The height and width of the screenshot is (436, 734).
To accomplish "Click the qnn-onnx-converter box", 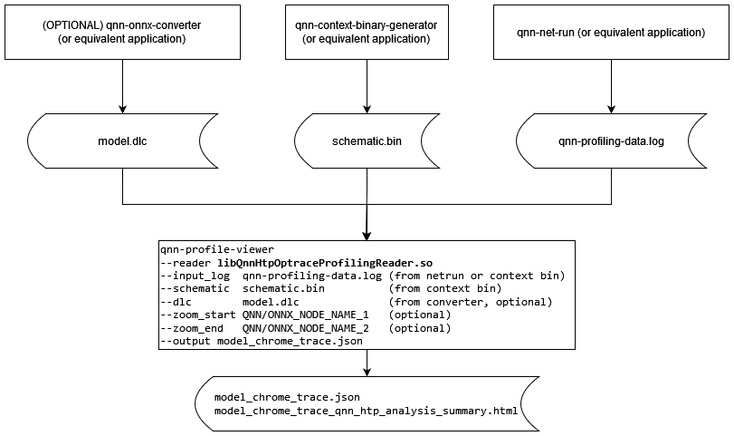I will pos(121,32).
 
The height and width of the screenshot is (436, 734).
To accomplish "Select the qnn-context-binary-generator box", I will pos(367,32).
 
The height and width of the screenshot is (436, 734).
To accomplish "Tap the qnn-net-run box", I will pos(612,32).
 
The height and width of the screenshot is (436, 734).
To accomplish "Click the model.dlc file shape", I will pos(121,141).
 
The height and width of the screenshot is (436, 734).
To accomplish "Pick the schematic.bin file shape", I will pos(367,141).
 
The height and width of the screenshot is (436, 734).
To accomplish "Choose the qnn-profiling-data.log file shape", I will pos(612,141).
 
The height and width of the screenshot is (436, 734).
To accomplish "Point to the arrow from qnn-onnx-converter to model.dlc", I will pos(121,86).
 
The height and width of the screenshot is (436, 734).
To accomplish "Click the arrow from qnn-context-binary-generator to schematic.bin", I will pos(367,86).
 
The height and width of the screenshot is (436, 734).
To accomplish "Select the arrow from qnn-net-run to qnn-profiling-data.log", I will pos(612,86).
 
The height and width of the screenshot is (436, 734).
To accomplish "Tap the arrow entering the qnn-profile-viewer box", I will pos(367,222).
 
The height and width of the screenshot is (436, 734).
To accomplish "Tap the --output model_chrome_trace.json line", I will pos(262,342).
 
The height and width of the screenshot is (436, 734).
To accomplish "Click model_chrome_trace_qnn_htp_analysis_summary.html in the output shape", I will pos(367,411).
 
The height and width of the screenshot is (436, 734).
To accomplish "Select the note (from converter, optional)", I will pos(470,302).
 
